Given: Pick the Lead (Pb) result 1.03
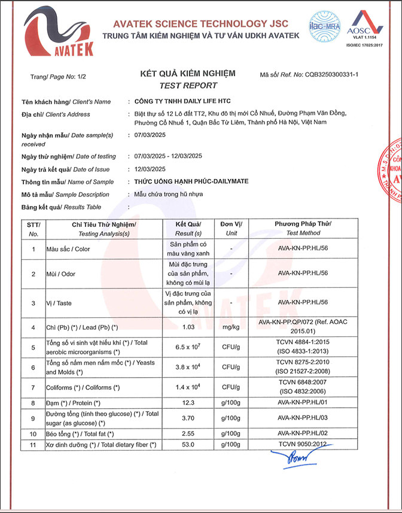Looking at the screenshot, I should pyautogui.click(x=188, y=327).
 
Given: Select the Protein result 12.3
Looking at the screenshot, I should pyautogui.click(x=188, y=403).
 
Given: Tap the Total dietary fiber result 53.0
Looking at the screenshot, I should pyautogui.click(x=188, y=445).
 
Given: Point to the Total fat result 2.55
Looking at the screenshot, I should pyautogui.click(x=188, y=433).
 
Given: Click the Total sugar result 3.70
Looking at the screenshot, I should pyautogui.click(x=188, y=418).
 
